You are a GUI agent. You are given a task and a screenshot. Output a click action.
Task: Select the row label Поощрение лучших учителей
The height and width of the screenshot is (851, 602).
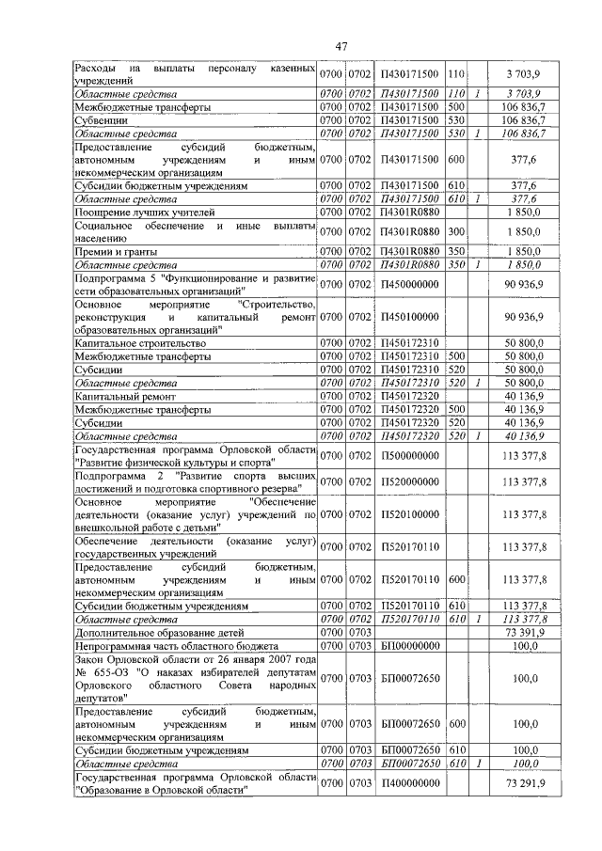[138, 213]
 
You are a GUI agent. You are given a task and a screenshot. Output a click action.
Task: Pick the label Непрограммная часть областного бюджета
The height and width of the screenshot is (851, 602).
[176, 647]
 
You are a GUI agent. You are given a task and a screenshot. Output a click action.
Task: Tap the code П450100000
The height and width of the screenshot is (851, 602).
[409, 319]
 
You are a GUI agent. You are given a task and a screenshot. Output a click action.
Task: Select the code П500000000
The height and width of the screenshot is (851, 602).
[409, 457]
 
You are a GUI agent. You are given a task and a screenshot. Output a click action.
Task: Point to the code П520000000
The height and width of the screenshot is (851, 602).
[409, 483]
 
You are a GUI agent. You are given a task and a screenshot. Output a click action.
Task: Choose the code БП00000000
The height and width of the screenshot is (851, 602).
[409, 647]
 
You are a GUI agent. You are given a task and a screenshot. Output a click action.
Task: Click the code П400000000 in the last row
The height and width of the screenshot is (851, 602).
[409, 783]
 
